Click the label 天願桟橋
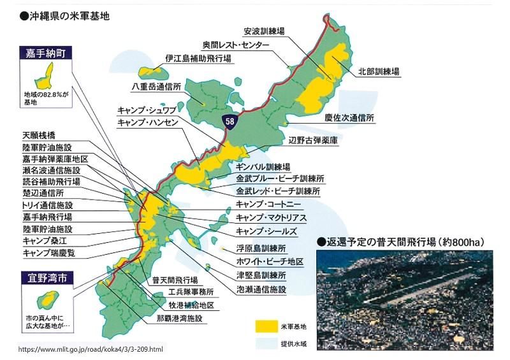[39, 135]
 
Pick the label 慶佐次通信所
[349, 119]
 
